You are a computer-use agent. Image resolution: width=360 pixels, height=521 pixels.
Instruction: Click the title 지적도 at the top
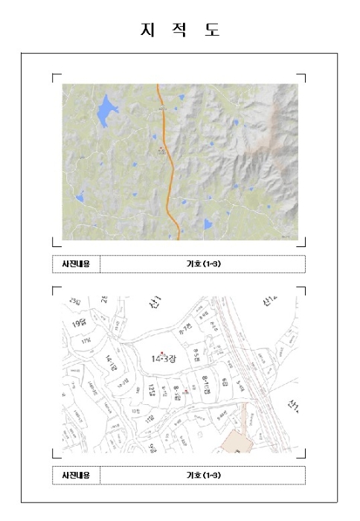tap(180, 30)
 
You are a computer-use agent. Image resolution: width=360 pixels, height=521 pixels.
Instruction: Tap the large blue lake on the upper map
tap(107, 111)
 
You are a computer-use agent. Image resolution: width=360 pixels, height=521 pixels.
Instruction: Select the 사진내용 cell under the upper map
tap(76, 264)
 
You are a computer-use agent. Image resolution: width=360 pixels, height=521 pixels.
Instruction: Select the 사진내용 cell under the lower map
tap(76, 475)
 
